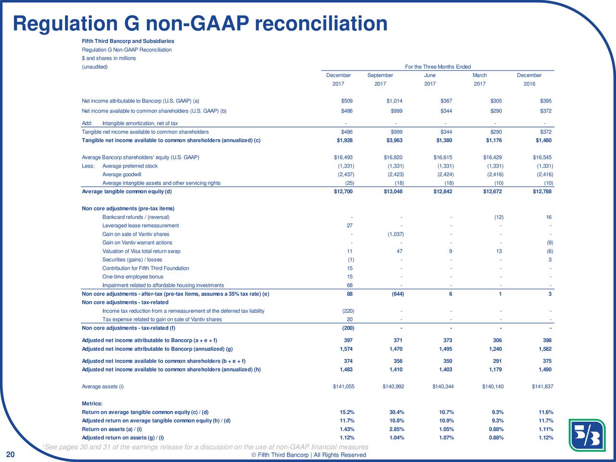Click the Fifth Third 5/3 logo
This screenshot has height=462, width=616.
pos(587,435)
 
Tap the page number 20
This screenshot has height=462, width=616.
pos(11,454)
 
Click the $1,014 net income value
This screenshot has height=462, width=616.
pos(394,101)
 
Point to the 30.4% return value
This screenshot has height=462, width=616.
pos(397,412)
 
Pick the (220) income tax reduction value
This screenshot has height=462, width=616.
pos(348,311)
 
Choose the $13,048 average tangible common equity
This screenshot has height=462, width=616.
pos(393,192)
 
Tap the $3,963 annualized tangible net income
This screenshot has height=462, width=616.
pos(394,140)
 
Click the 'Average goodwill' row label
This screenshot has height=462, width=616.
pos(122,175)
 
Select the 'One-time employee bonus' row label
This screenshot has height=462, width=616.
pos(133,277)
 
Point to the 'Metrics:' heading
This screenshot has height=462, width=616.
pos(92,403)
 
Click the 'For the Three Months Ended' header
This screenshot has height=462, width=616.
pos(438,67)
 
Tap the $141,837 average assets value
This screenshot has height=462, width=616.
pos(542,386)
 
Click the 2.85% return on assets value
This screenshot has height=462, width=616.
pos(397,429)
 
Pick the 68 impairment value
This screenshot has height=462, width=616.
pos(350,285)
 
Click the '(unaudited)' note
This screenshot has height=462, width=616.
pos(95,67)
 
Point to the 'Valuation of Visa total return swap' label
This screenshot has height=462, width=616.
pos(141,251)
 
